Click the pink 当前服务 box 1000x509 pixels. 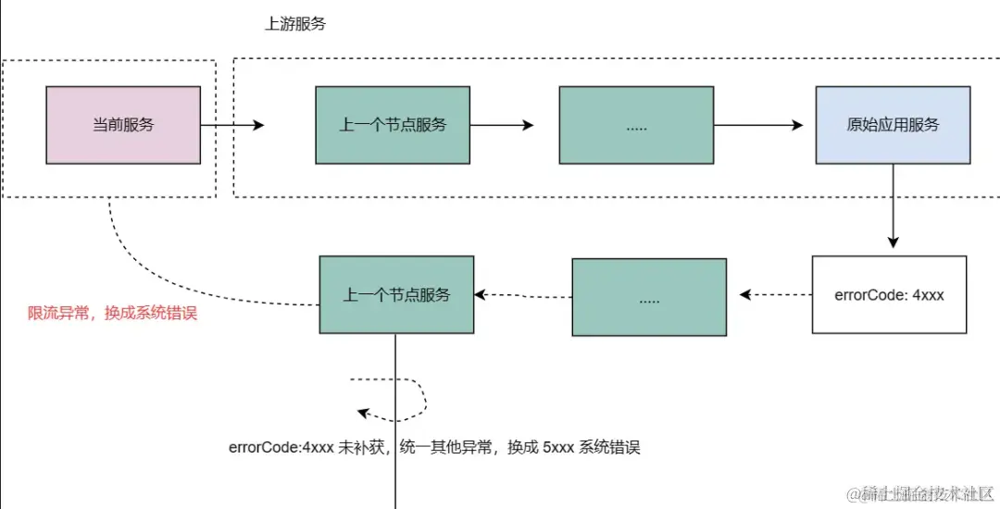123,125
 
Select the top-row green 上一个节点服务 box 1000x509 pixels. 392,125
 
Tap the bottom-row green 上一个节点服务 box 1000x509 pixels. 396,294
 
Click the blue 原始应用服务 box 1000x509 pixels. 893,125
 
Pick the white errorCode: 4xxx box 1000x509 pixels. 889,294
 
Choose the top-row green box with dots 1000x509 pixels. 636,125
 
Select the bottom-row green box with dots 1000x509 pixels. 649,297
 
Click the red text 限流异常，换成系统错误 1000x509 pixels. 113,314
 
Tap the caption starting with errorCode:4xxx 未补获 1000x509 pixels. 434,448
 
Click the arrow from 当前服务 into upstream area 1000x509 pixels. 231,125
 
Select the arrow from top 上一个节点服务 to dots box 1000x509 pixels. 501,125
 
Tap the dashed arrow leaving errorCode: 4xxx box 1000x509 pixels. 775,295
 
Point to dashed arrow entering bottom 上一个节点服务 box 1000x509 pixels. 523,295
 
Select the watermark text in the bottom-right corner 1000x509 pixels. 921,495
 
